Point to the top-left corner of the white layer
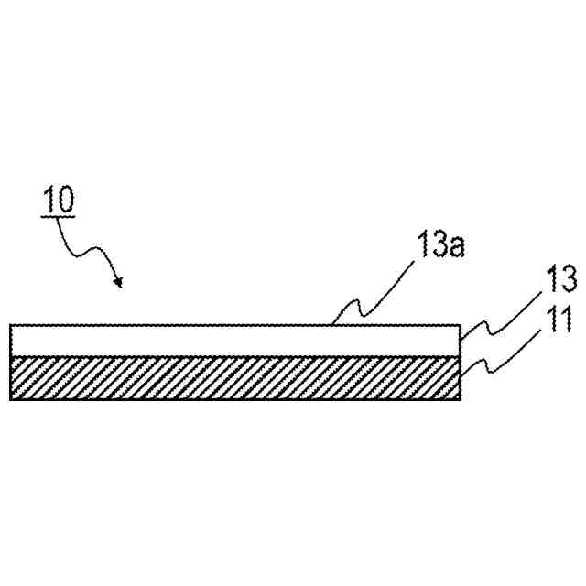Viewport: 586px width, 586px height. tap(11, 326)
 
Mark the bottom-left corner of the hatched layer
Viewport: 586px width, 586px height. tap(11, 399)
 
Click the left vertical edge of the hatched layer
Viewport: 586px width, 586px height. tap(11, 378)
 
